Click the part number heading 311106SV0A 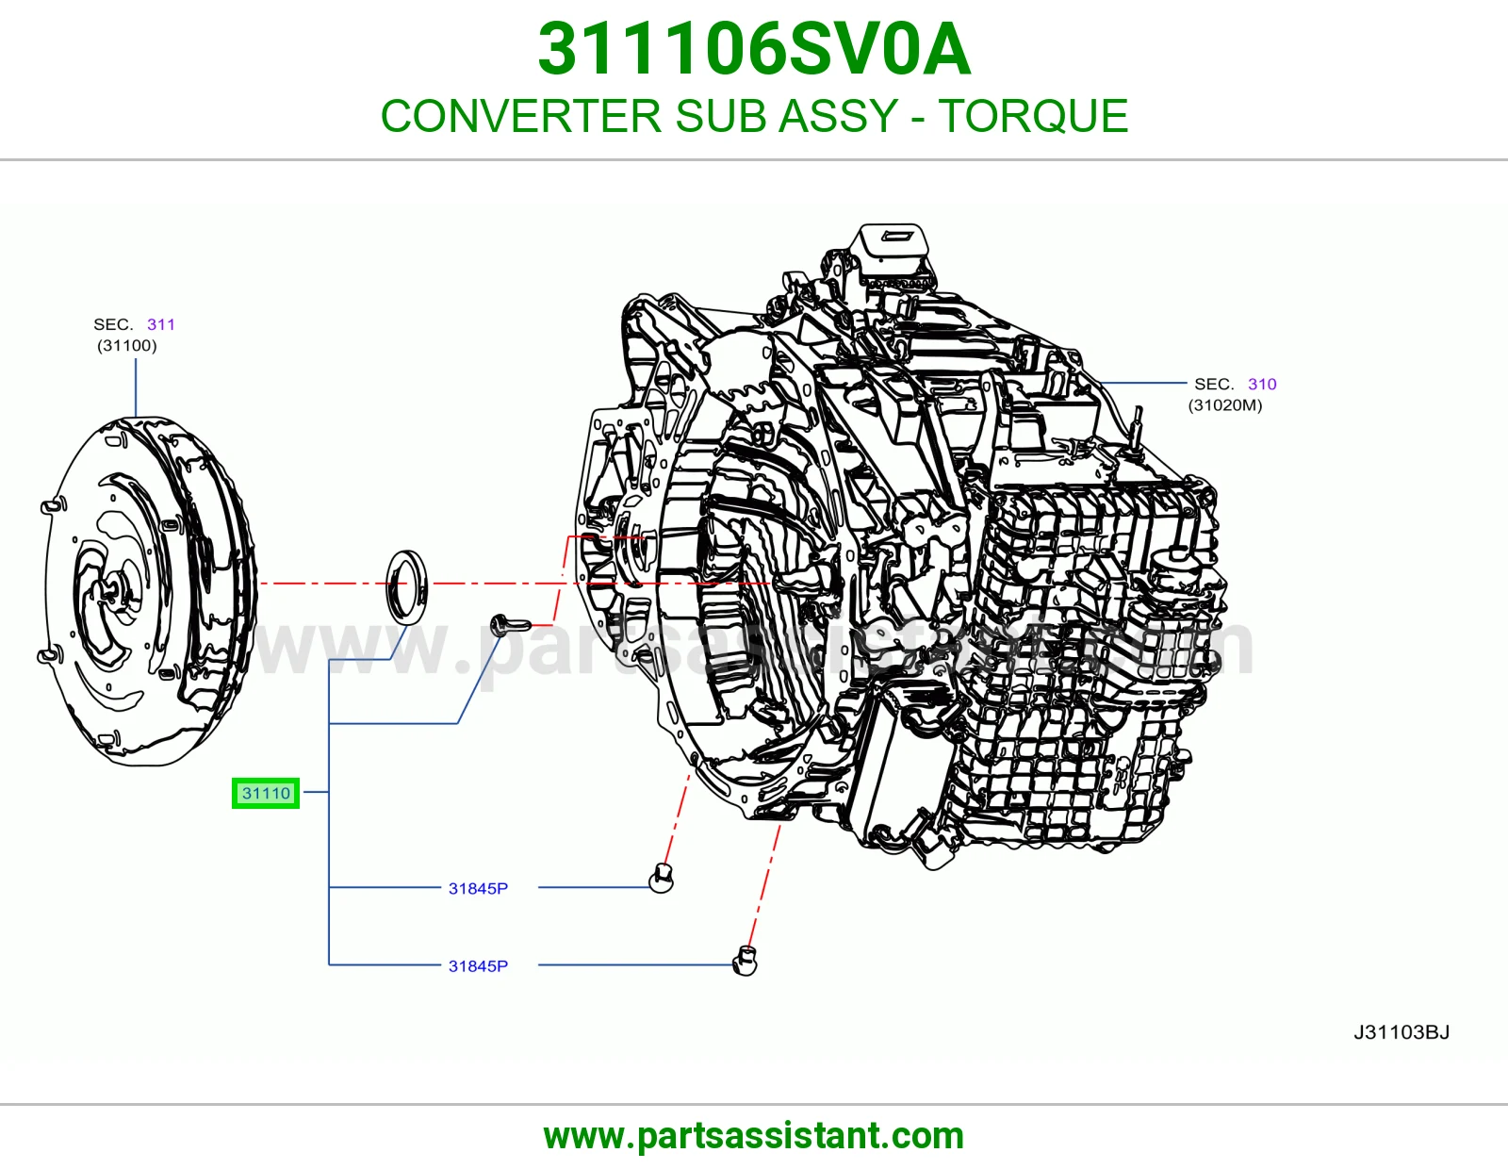pos(754,49)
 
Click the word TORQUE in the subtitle pos(1033,116)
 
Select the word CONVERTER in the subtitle pos(521,116)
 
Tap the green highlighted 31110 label pos(266,793)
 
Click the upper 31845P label pos(478,889)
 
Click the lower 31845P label pos(478,966)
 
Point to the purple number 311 pos(161,324)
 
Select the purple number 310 pos(1262,384)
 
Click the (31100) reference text pos(127,346)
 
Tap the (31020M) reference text pos(1225,405)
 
